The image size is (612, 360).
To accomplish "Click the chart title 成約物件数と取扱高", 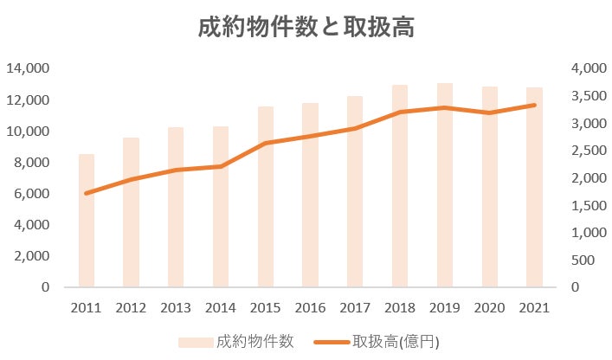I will (x=306, y=28).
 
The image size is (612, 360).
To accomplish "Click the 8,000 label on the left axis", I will (x=31, y=163).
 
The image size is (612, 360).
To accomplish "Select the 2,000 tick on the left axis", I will (x=31, y=256).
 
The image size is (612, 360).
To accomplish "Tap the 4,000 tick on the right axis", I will (x=589, y=68).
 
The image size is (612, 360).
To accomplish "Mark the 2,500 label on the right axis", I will (x=589, y=151).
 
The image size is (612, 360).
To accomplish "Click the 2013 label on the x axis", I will (x=176, y=307).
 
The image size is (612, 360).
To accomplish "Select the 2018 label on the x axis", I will (x=399, y=307).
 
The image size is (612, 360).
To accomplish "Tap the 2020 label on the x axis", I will (x=489, y=307).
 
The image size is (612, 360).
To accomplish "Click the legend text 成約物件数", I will (x=255, y=341).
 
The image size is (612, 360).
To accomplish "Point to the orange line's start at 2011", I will (x=87, y=193).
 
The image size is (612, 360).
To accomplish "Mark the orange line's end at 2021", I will (x=534, y=106).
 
